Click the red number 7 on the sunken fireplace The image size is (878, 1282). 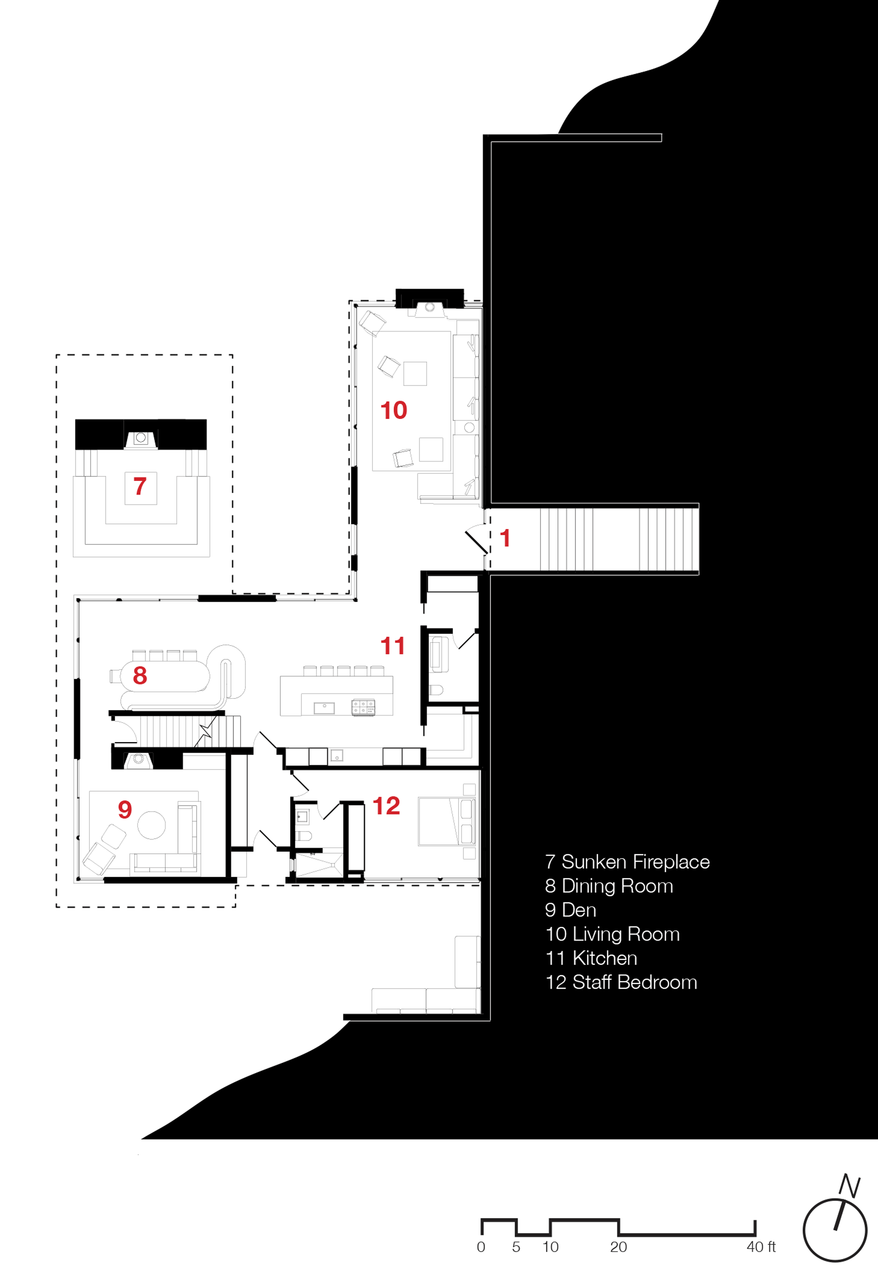tap(140, 486)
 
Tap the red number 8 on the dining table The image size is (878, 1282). tap(140, 675)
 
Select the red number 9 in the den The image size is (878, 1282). tap(125, 809)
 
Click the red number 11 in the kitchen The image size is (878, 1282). tap(392, 646)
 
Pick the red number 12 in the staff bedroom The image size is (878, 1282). tap(386, 806)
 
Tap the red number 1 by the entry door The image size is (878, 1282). tap(504, 538)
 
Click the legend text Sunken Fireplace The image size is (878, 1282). tap(636, 861)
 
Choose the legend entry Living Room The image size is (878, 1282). tap(626, 934)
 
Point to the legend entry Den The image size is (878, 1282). tap(579, 910)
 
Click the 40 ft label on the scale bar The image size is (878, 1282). tap(761, 1247)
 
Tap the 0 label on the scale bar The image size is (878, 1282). tap(481, 1247)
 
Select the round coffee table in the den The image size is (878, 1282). tap(151, 825)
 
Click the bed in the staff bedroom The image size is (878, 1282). tap(446, 821)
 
